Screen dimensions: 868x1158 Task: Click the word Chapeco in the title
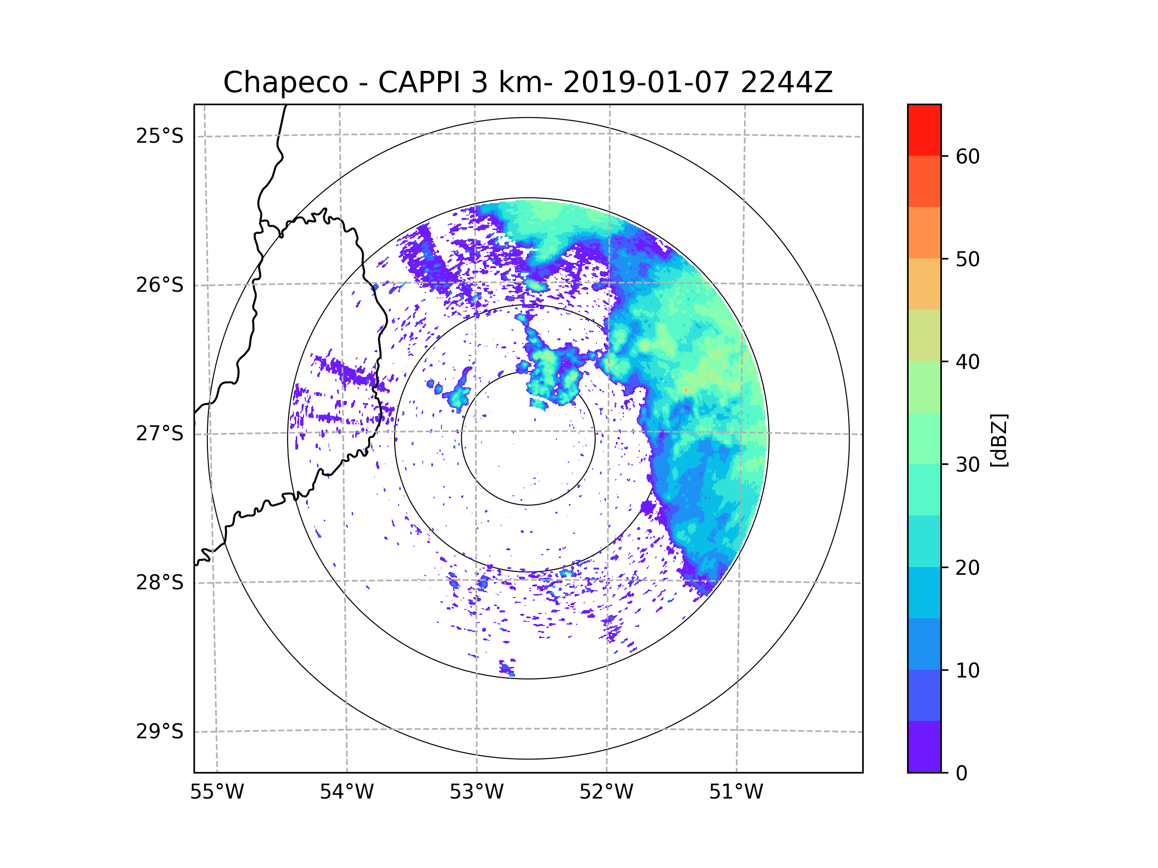pos(285,82)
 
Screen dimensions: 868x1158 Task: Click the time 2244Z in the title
pos(786,82)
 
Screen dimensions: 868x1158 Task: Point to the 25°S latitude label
pos(160,136)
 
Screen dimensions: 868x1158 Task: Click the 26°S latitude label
pos(160,285)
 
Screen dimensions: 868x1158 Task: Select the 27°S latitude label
pos(160,434)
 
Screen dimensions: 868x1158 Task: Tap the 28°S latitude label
pos(160,583)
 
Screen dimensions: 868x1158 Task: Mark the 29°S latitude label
pos(160,732)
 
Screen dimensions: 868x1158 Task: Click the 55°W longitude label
pos(217,792)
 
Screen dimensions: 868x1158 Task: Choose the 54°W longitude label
pos(346,792)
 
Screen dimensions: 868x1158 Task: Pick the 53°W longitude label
pos(476,792)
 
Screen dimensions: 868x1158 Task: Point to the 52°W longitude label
pos(606,792)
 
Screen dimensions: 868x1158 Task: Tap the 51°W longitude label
pos(736,792)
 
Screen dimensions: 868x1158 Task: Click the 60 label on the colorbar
pos(967,156)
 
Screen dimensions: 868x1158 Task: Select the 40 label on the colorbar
pos(967,362)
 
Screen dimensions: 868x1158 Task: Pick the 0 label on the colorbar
pos(962,773)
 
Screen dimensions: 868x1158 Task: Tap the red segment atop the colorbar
pos(924,130)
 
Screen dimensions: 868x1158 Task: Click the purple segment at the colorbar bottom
pos(924,747)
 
